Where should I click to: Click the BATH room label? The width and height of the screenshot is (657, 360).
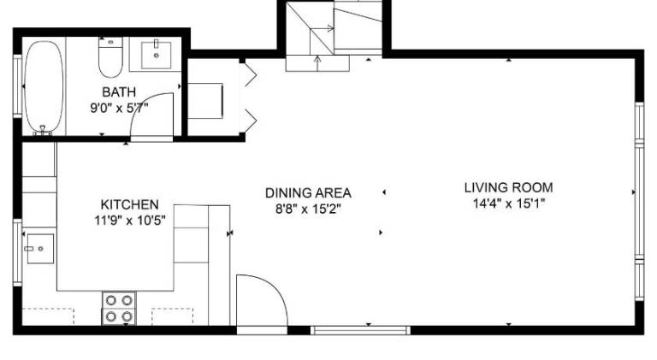[x=119, y=91]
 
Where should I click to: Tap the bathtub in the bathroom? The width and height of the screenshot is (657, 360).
[x=44, y=88]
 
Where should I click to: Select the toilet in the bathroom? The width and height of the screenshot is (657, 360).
[x=110, y=57]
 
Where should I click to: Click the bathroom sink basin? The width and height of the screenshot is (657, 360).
[x=156, y=55]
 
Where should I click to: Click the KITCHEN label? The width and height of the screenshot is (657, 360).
[x=130, y=204]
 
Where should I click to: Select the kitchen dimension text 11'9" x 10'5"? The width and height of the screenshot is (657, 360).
[x=130, y=220]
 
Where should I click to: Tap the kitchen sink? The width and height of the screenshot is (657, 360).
[x=40, y=249]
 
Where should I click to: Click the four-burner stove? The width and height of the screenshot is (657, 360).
[x=119, y=309]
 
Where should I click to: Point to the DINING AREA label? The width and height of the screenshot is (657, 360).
[x=308, y=192]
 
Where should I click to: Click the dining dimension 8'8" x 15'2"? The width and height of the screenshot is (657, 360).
[x=308, y=209]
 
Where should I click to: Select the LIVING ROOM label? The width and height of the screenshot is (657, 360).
[x=509, y=187]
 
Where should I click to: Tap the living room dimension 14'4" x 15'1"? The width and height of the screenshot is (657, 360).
[x=509, y=204]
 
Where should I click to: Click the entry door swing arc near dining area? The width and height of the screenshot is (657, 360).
[x=273, y=287]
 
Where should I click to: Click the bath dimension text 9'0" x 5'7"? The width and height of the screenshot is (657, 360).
[x=120, y=108]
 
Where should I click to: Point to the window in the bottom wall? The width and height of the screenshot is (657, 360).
[x=360, y=330]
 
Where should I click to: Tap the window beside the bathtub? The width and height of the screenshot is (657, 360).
[x=18, y=86]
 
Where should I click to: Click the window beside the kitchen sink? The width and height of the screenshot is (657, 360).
[x=18, y=253]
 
